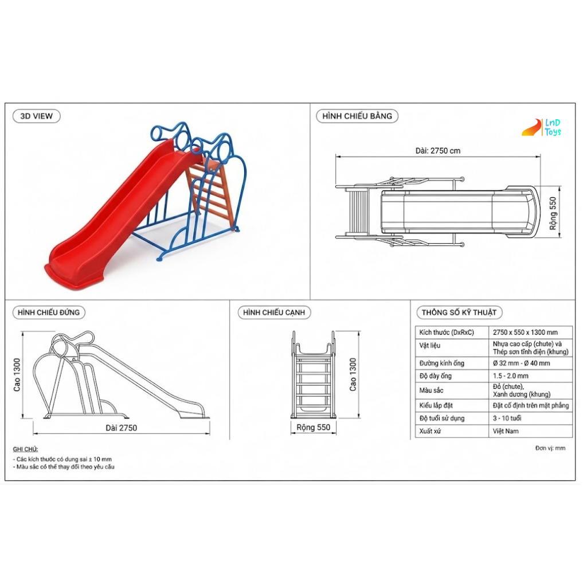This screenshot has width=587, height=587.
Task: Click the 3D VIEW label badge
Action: (36, 116)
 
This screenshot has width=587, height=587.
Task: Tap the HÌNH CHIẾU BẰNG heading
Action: (357, 116)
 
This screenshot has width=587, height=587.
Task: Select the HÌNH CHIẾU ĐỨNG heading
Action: (49, 312)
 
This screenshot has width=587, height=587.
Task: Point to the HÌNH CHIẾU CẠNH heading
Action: (274, 312)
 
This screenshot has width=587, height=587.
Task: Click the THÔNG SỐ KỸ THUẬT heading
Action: (459, 312)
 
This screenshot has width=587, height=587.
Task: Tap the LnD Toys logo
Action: (542, 127)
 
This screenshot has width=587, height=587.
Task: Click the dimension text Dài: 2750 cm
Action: (437, 151)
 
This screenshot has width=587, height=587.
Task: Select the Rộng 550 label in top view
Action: (553, 213)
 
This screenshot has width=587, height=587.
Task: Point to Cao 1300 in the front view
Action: (17, 375)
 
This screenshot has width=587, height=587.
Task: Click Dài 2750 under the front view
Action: (122, 428)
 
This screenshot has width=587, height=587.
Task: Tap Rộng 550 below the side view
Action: (314, 428)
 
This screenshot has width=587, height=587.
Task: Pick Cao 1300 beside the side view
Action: (353, 375)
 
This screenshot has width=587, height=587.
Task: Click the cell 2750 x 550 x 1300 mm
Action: (525, 332)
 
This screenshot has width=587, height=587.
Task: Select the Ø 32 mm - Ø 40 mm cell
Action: (521, 363)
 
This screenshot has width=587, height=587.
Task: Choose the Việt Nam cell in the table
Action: (506, 431)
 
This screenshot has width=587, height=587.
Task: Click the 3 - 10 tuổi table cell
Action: (507, 418)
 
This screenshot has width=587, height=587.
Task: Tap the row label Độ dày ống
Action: (436, 376)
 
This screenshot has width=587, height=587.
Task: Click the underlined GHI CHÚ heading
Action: (25, 449)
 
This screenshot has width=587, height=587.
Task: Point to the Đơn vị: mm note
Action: (550, 448)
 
